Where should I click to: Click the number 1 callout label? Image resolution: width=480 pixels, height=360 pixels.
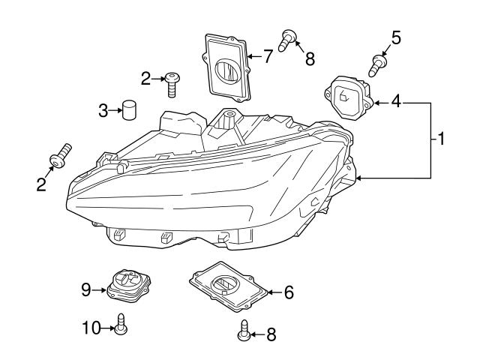pos(442,139)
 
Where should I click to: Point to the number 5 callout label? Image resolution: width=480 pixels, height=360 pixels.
pos(396,37)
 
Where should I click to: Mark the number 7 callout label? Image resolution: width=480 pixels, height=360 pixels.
pos(268,56)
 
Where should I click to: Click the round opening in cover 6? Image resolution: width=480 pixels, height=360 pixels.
pos(225,286)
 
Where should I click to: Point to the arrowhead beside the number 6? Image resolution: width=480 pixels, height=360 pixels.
pos(272,292)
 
